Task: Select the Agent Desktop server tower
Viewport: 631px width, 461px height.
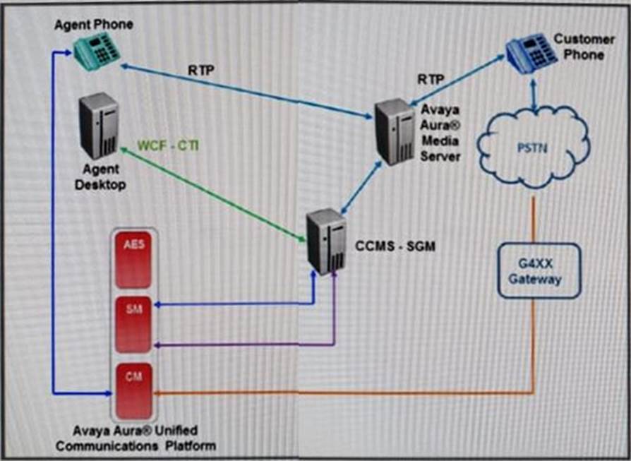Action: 99,126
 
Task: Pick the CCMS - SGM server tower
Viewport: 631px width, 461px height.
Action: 327,241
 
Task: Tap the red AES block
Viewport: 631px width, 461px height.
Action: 133,262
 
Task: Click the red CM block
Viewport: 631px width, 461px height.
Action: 133,392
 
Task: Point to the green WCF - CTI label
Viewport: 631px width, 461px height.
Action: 168,146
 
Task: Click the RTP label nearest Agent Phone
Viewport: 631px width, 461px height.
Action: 203,71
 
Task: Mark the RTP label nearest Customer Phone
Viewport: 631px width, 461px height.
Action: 431,79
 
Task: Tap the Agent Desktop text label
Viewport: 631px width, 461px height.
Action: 101,179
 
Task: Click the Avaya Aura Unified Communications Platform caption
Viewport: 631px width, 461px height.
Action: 136,438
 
